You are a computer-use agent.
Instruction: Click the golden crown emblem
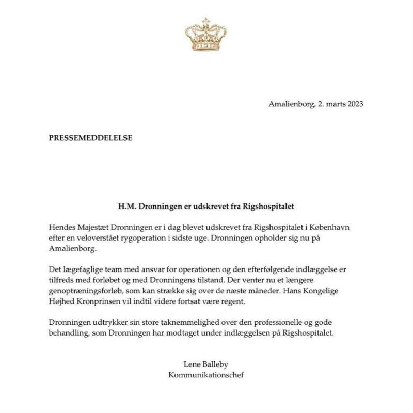(x=206, y=35)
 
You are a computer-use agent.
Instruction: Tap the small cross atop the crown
(x=206, y=20)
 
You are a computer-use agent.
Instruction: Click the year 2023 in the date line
(x=354, y=104)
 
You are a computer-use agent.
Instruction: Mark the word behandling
(x=67, y=334)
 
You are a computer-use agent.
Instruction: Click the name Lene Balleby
(x=206, y=364)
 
